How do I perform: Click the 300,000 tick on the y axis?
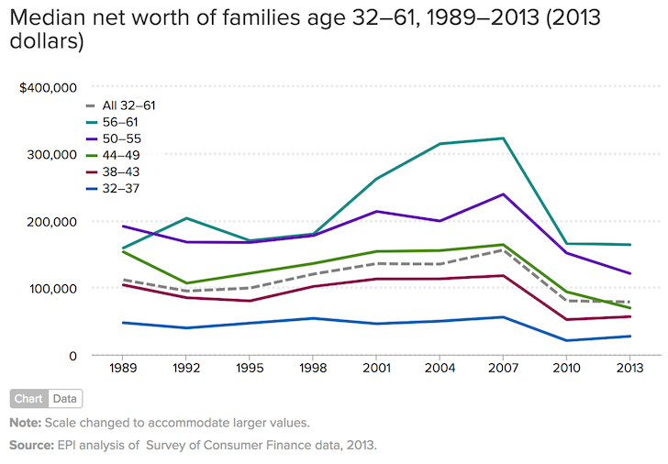point(52,155)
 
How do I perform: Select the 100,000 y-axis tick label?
point(52,288)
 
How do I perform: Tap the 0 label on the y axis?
point(72,356)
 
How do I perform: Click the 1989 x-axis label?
point(122,371)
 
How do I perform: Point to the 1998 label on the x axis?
point(313,371)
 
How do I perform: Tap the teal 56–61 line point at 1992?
point(186,218)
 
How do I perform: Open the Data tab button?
point(65,399)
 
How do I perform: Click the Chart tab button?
point(29,399)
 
